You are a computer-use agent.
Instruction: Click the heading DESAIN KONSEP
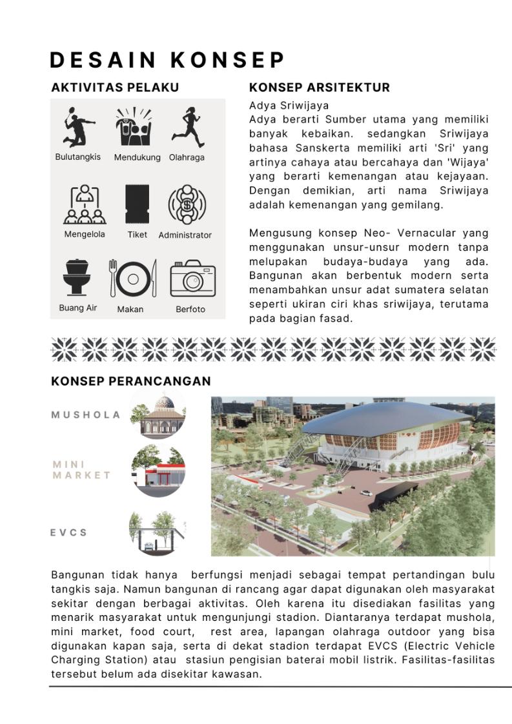click(x=167, y=60)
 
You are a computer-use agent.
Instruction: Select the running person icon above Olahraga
click(x=187, y=127)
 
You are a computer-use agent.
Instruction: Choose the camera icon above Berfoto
click(x=192, y=279)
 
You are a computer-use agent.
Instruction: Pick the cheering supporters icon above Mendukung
click(x=134, y=128)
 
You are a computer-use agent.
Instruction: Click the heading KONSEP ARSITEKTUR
click(x=319, y=88)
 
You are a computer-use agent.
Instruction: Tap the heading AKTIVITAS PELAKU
click(x=115, y=88)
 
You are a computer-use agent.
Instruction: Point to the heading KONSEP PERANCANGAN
click(x=130, y=381)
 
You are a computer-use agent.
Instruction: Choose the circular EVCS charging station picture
click(x=158, y=533)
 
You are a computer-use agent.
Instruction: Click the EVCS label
click(x=68, y=533)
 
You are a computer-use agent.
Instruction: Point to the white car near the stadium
click(x=366, y=493)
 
